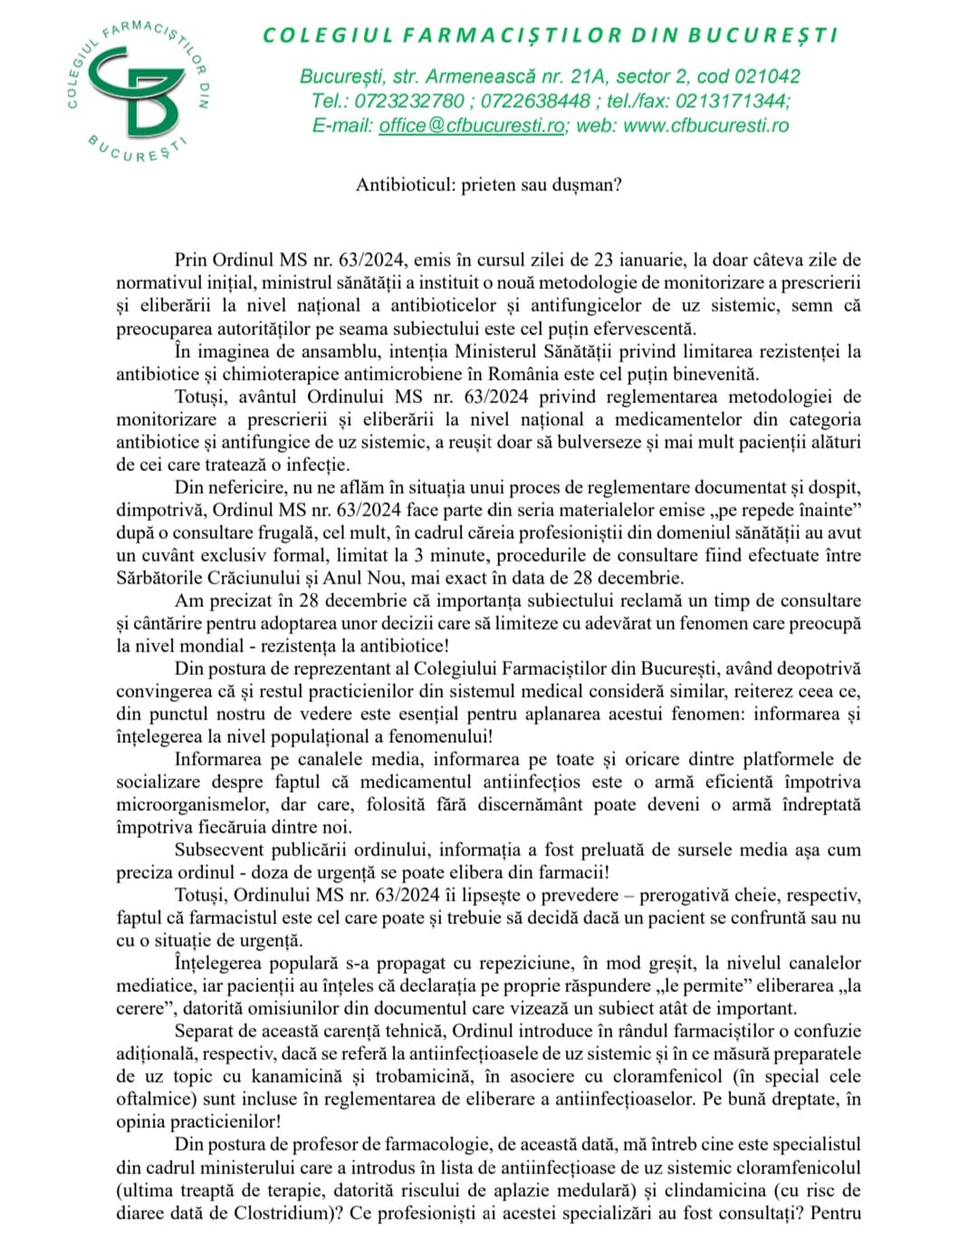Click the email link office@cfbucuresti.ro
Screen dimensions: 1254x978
tap(471, 126)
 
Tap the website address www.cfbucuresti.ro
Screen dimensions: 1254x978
tap(705, 126)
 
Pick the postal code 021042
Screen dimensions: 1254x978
tap(767, 77)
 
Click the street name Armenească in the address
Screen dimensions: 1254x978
tap(485, 77)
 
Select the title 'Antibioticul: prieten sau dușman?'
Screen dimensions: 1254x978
tap(488, 185)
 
